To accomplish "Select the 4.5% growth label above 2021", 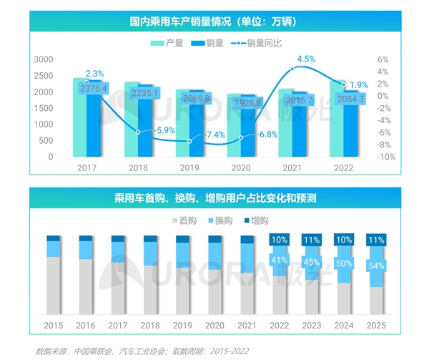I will [307, 59].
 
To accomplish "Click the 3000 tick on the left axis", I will [44, 59].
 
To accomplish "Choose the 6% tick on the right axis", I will [383, 59].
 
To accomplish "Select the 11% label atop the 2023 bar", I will [312, 240].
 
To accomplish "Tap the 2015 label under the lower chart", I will [53, 325].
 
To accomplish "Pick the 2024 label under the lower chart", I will [344, 325].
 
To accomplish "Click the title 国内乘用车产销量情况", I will [214, 21].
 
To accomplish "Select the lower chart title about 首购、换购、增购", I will [214, 198].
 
